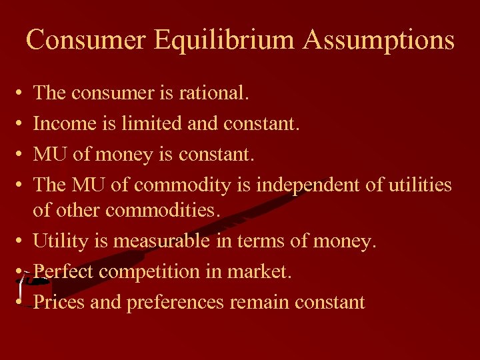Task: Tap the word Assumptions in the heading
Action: coord(378,41)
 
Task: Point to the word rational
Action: coord(214,93)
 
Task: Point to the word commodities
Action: coord(163,210)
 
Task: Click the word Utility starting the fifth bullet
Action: coord(62,241)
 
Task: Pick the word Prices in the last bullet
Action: coord(59,302)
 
